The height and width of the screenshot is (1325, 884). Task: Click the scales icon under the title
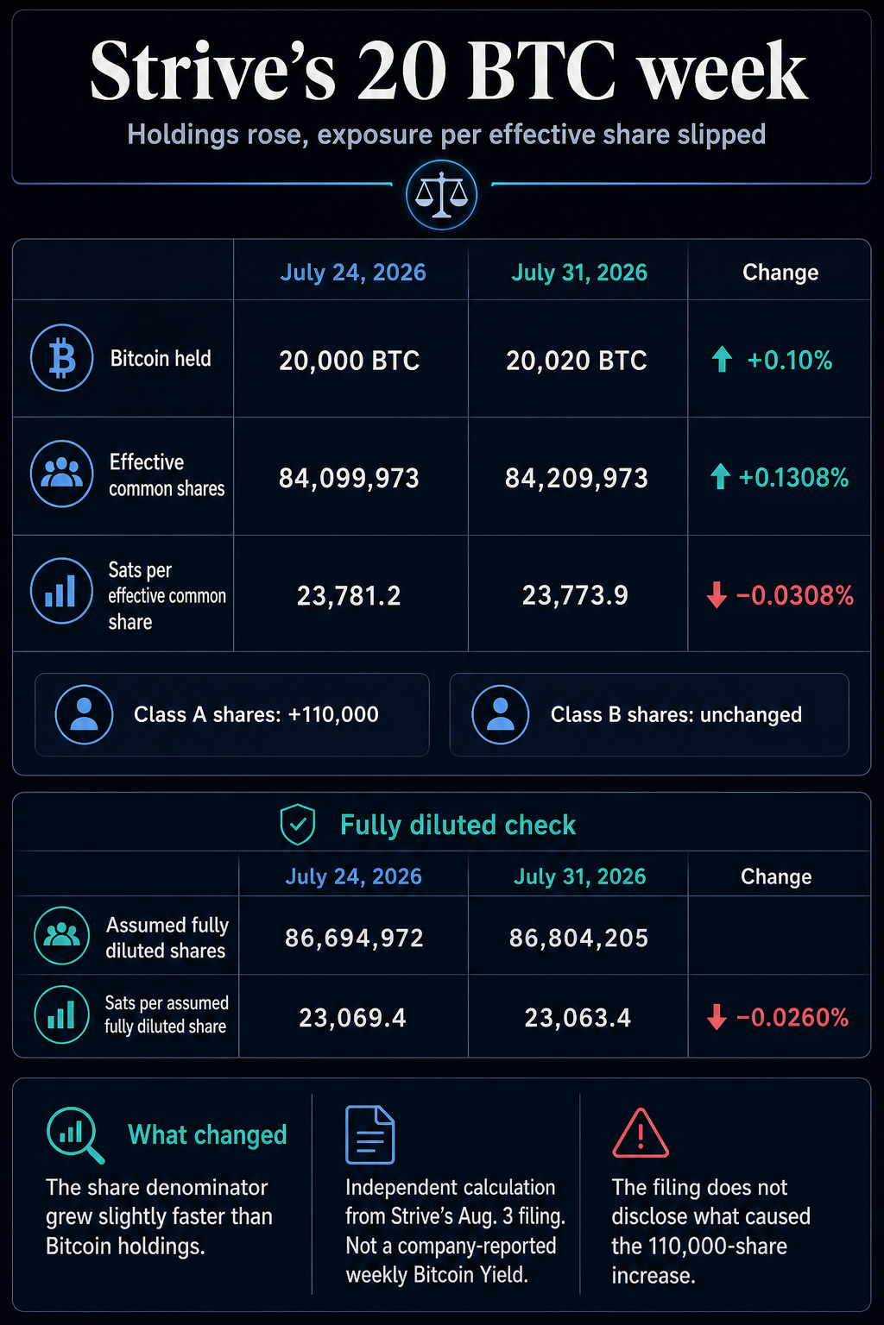pos(441,195)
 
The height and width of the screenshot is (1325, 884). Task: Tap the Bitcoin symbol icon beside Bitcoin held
pos(61,357)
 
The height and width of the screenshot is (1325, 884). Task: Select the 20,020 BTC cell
pos(576,361)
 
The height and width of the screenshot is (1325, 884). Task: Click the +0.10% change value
pos(790,361)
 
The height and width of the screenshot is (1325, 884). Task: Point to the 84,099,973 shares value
pos(349,478)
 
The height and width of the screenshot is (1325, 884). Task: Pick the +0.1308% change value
pos(793,477)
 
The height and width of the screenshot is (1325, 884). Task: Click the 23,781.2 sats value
pos(349,596)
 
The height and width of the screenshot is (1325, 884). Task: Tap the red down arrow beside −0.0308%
pos(717,594)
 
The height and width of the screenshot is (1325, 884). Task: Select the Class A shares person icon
pos(84,714)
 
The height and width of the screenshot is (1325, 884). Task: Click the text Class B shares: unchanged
pos(676,714)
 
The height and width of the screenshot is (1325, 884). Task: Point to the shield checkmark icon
pos(297,824)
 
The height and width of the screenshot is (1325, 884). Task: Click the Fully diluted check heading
pos(458,825)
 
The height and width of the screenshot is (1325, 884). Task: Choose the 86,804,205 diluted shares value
pos(578,939)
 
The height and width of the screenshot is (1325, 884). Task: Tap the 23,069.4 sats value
pos(352,1018)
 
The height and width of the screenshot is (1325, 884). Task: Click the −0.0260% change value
pos(792,1017)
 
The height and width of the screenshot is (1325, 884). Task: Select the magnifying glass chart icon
pos(75,1135)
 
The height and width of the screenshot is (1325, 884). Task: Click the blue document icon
pos(369,1134)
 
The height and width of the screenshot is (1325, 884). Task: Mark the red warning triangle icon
pos(640,1133)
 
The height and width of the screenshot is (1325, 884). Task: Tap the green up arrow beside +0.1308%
pos(720,476)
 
